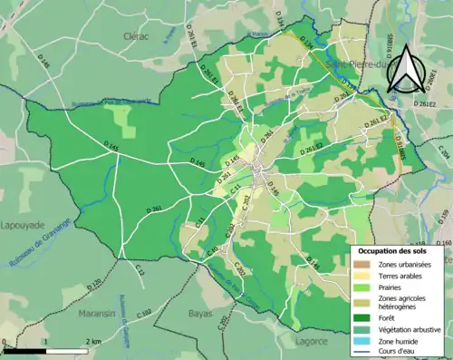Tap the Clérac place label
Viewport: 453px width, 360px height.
[x=135, y=35]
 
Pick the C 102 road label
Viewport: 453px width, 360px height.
[x=145, y=313]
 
